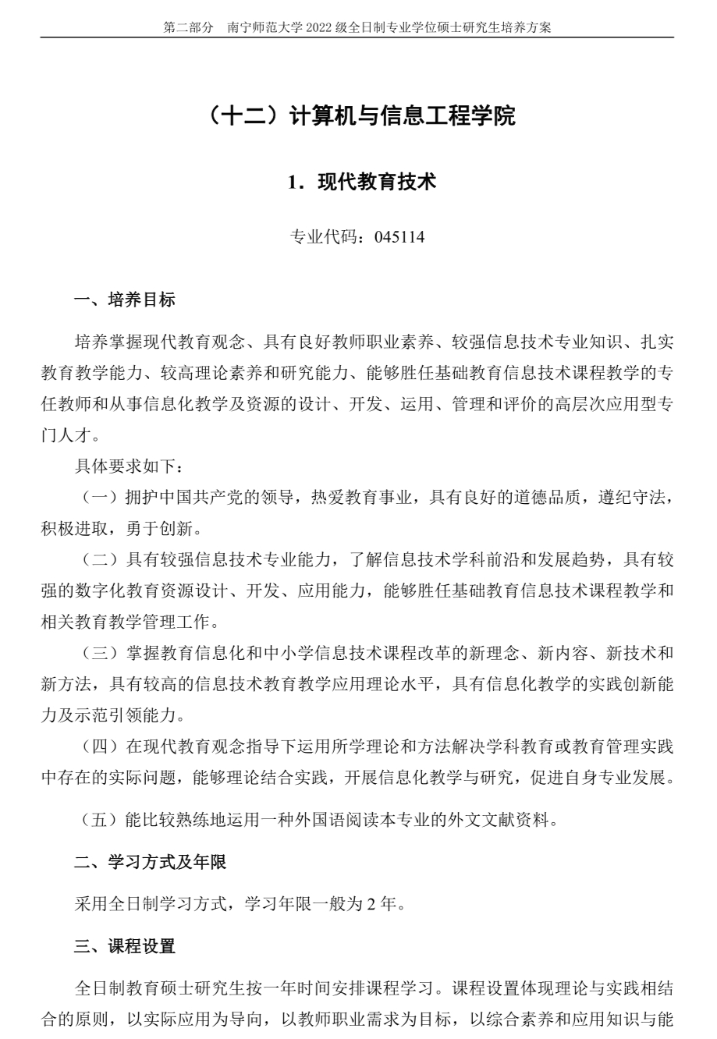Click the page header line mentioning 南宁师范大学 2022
pyautogui.click(x=357, y=27)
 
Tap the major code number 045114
pyautogui.click(x=399, y=237)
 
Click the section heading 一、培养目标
pyautogui.click(x=125, y=300)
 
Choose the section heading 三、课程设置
pyautogui.click(x=125, y=946)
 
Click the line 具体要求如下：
pyautogui.click(x=130, y=467)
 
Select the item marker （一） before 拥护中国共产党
pyautogui.click(x=99, y=498)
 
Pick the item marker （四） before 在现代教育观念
pyautogui.click(x=99, y=746)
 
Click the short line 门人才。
pyautogui.click(x=70, y=434)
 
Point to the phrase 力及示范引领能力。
pyautogui.click(x=113, y=715)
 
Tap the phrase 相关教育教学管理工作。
pyautogui.click(x=130, y=622)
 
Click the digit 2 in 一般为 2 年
pyautogui.click(x=369, y=905)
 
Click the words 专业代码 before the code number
pyautogui.click(x=319, y=237)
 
